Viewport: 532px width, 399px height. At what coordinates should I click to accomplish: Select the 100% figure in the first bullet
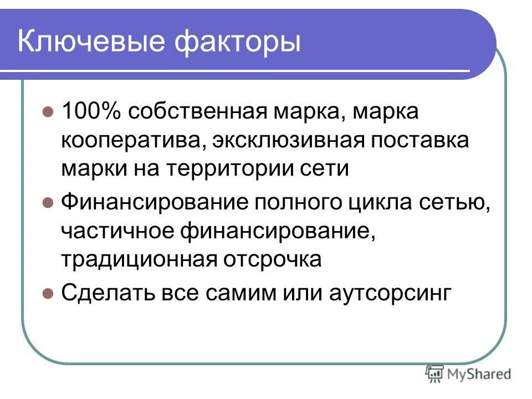pos(92,112)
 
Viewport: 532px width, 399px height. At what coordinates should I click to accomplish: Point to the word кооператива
pos(127,140)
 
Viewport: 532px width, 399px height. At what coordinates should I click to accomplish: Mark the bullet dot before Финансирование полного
pos(48,202)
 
